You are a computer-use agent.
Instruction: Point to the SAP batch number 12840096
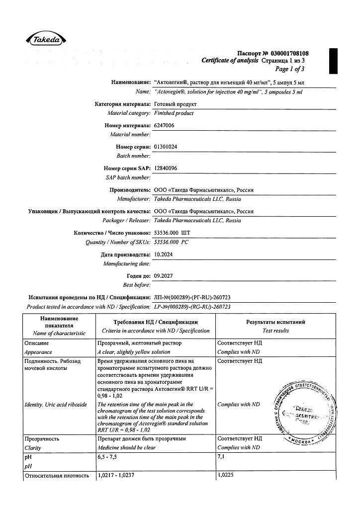pos(167,168)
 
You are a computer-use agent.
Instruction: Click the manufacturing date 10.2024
pos(164,254)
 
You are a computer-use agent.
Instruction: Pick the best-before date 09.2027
pos(164,275)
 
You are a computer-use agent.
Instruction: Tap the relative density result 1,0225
pos(226,476)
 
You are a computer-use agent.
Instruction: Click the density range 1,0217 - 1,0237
pos(115,476)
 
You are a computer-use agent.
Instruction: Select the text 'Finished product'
pos(174,113)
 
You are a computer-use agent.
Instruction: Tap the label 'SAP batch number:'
pos(128,177)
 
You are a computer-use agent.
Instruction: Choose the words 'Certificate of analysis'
pos(230,60)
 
